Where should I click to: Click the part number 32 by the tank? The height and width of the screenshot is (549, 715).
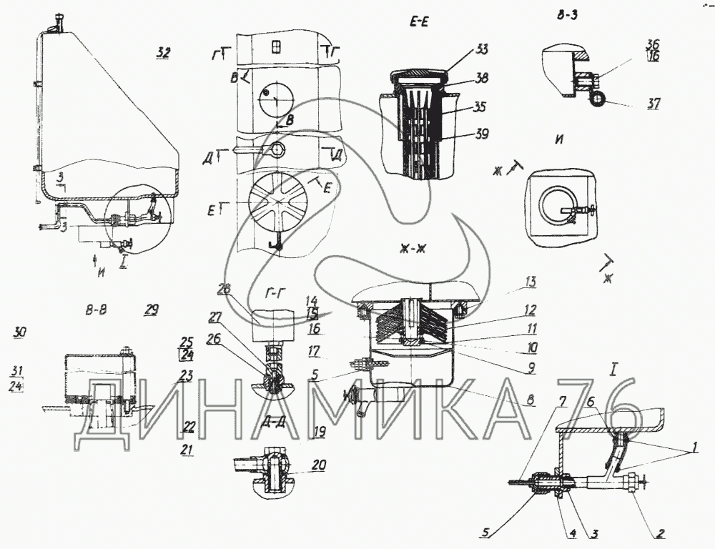pyautogui.click(x=164, y=52)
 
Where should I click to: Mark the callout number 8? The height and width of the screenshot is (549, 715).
pyautogui.click(x=530, y=401)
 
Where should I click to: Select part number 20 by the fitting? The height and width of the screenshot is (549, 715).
pyautogui.click(x=319, y=465)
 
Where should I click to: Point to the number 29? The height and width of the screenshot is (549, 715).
pyautogui.click(x=151, y=310)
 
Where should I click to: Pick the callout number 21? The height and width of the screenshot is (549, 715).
pyautogui.click(x=187, y=450)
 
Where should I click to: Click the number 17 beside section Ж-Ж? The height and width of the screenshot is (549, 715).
pyautogui.click(x=315, y=352)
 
